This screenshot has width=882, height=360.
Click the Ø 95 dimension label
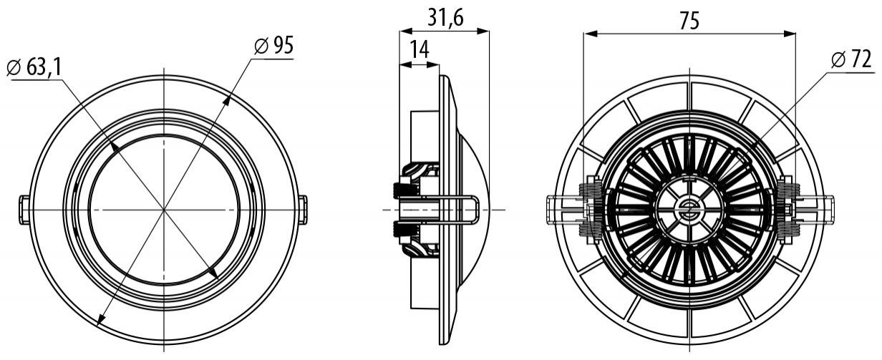coord(273,46)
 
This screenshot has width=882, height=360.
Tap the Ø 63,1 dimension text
coord(34,68)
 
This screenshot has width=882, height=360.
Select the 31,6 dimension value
coord(446,18)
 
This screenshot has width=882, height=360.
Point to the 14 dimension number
coord(420,50)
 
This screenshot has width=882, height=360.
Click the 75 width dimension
coord(689,21)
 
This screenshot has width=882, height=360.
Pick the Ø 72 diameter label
coord(851,61)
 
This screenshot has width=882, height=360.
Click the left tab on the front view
coord(24,210)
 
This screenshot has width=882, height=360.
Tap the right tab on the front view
coord(304,210)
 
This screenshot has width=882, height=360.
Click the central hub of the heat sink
coord(689,209)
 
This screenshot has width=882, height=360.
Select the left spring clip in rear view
coord(590,209)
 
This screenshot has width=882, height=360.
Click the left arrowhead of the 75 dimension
coord(589,34)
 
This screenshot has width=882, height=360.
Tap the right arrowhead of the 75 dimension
coord(790,34)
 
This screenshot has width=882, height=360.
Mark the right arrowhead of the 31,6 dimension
coord(483,31)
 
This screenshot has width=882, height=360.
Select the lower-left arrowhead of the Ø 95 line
coord(100,319)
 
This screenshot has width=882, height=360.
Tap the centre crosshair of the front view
coord(164,210)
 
